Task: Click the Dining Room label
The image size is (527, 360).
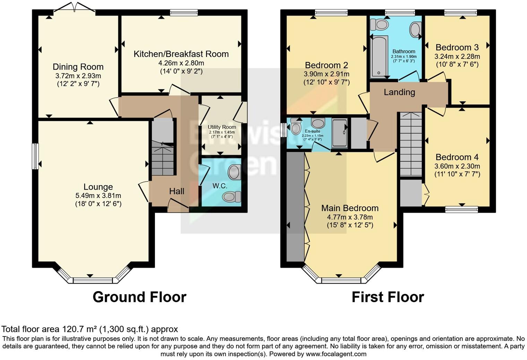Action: click(x=78, y=67)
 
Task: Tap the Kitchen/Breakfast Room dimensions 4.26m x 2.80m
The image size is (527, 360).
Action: click(x=181, y=63)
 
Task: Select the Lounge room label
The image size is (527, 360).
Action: click(x=98, y=187)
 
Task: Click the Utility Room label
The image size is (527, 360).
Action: click(x=222, y=127)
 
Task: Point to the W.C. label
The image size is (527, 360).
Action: click(x=220, y=186)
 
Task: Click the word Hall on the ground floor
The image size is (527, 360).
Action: click(x=176, y=191)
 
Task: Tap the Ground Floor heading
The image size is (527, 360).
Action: click(x=139, y=297)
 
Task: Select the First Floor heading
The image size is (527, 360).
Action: click(x=388, y=297)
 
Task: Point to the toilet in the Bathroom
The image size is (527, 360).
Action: click(x=379, y=25)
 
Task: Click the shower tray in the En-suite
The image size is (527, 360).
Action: click(x=339, y=133)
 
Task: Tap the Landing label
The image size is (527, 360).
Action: click(x=399, y=92)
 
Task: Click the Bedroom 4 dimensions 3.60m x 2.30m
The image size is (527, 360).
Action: click(x=457, y=166)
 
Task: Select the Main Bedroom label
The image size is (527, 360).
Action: click(x=349, y=208)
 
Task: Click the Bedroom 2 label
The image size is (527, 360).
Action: click(x=326, y=65)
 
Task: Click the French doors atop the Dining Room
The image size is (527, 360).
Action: click(x=74, y=9)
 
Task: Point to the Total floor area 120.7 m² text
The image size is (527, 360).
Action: click(x=89, y=329)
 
